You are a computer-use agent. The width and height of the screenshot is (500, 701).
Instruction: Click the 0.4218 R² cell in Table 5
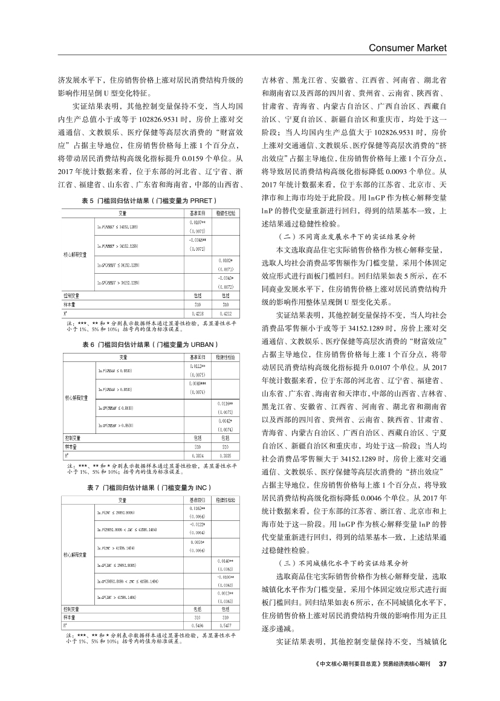197,314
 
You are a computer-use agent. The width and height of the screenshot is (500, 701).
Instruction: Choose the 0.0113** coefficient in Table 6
197,366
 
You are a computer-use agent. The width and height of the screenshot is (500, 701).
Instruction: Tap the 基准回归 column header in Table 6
197,357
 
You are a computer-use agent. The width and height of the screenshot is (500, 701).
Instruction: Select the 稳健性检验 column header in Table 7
225,500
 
